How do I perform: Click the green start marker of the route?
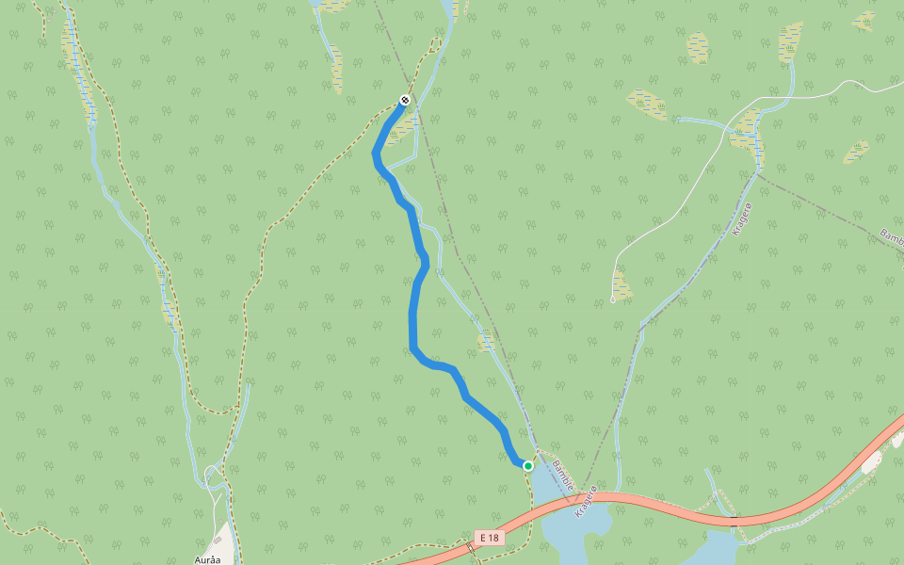point(528,465)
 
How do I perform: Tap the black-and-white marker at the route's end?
point(405,100)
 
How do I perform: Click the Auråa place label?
point(207,559)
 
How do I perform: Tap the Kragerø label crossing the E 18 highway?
point(587,500)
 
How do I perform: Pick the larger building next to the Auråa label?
point(218,540)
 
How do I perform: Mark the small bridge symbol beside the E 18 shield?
point(469,546)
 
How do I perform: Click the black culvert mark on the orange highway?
point(734,519)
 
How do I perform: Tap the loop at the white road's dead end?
point(613,299)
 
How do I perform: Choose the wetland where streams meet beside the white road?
point(747,133)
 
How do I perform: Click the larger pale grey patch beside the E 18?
point(870,462)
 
